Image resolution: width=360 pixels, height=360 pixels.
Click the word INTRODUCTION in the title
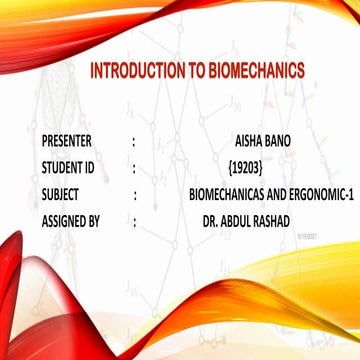click(135, 72)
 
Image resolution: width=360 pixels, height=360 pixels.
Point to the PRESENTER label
click(72, 141)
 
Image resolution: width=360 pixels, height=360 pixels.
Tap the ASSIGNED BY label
click(73, 214)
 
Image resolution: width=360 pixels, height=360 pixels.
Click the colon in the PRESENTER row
click(133, 142)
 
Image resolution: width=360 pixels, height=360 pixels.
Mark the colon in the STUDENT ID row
click(133, 166)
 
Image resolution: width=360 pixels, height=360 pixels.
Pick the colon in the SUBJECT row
click(133, 190)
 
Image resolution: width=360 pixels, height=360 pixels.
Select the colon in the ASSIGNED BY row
click(133, 215)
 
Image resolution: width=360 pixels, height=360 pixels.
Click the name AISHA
click(246, 141)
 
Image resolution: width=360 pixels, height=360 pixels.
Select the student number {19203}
click(246, 165)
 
